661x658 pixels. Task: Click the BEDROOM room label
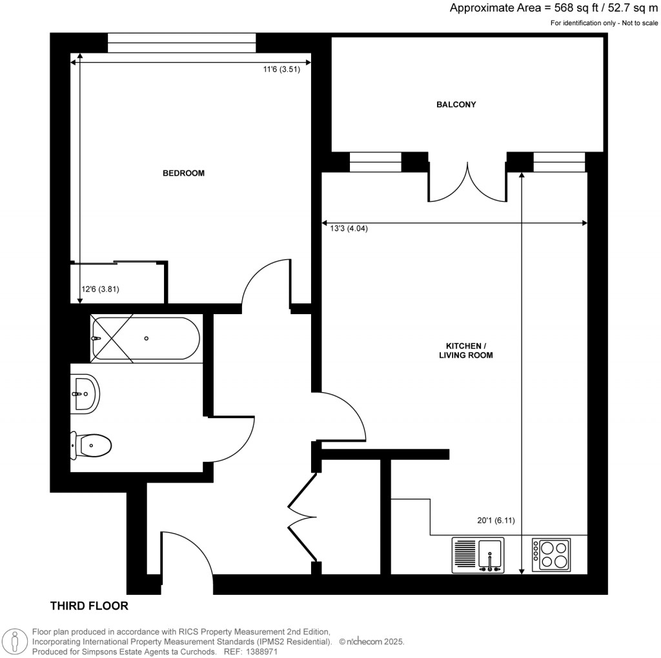click(183, 173)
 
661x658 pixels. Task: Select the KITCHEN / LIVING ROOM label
click(463, 350)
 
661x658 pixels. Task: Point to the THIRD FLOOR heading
click(89, 606)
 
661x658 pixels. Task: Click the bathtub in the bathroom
click(146, 338)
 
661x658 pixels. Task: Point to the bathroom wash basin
click(85, 393)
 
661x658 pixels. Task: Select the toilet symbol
click(92, 444)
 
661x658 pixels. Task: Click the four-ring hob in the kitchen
click(551, 554)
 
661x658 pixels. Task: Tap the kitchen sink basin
click(492, 553)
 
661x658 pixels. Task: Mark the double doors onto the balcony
click(467, 183)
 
